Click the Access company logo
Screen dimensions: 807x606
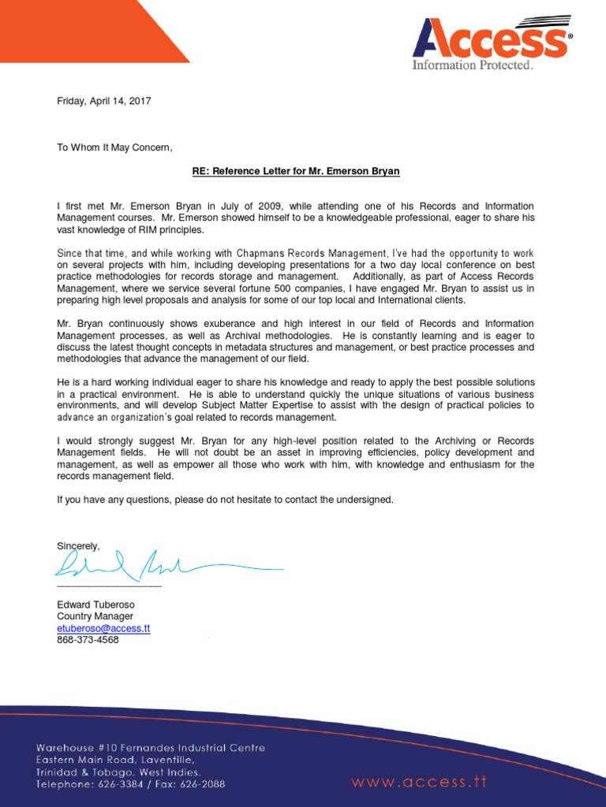click(x=491, y=39)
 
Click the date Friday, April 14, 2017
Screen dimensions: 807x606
click(x=103, y=101)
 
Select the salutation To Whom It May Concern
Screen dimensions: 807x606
click(x=114, y=147)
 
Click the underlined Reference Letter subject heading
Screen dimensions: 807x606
click(x=302, y=171)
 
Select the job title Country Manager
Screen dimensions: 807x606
click(x=95, y=616)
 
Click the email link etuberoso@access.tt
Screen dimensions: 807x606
click(x=103, y=628)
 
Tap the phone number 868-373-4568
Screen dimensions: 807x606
click(x=88, y=640)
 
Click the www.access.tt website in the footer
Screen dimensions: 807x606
click(x=419, y=761)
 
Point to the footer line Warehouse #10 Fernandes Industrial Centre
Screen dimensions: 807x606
click(x=151, y=748)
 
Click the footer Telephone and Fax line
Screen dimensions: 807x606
click(x=130, y=785)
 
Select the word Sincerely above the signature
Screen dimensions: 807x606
click(x=78, y=546)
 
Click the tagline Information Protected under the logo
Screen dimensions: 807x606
click(x=473, y=65)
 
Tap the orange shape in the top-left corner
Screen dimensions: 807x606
click(x=79, y=28)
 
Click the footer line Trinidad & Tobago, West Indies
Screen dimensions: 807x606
click(x=118, y=772)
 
